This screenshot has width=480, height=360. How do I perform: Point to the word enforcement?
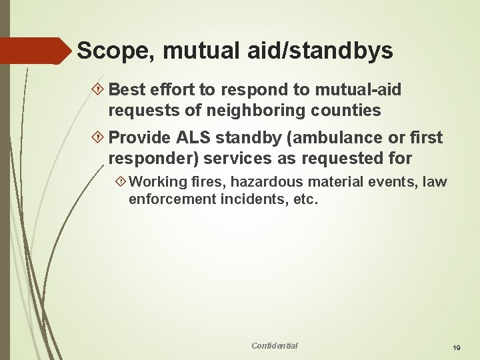pyautogui.click(x=171, y=199)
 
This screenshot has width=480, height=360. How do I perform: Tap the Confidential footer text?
pyautogui.click(x=275, y=345)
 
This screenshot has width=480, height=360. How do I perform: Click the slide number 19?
pyautogui.click(x=457, y=347)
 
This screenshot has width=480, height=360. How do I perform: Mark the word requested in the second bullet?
pyautogui.click(x=339, y=159)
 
